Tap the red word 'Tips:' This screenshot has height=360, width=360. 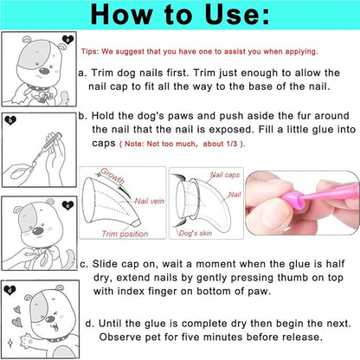pyautogui.click(x=91, y=50)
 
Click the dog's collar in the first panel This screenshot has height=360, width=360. pyautogui.click(x=38, y=87)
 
